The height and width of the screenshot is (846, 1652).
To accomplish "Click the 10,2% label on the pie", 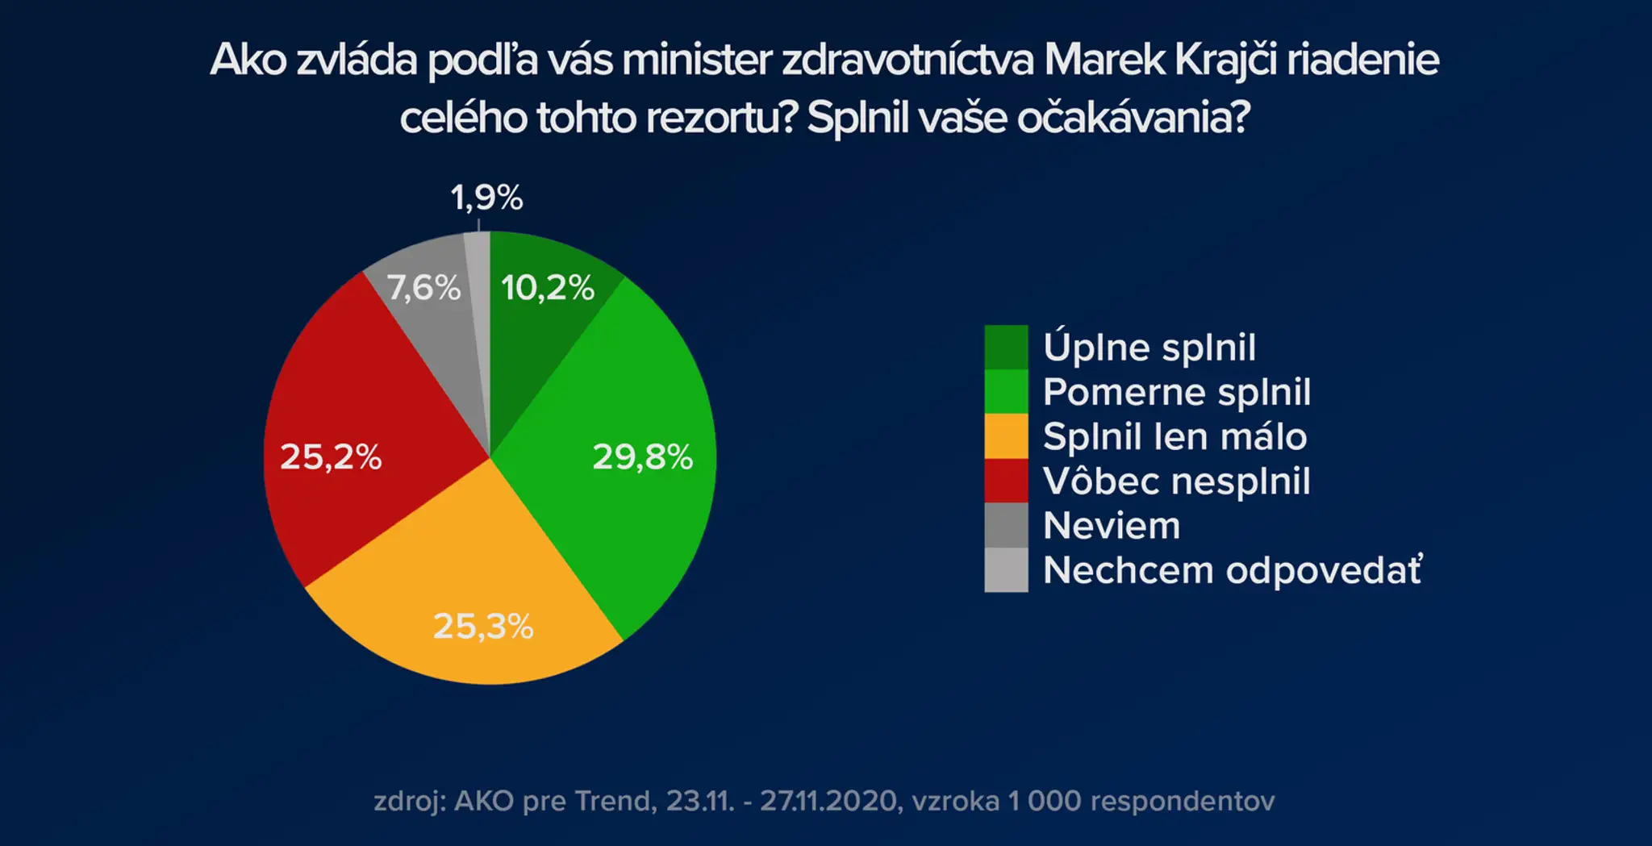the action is click(548, 288).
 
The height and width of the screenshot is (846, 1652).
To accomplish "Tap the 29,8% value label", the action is click(643, 457).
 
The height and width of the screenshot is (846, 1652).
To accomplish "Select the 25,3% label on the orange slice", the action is click(483, 626).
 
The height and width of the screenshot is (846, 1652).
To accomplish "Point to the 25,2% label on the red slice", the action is click(331, 457).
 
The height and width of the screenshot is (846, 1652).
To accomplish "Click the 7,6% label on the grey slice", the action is click(423, 288).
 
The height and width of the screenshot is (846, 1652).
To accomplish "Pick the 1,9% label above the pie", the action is click(486, 198).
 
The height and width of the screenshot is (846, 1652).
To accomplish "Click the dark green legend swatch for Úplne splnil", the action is click(1006, 347).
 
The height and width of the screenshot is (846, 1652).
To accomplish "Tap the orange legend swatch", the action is click(1006, 436).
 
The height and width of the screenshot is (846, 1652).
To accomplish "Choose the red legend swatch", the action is click(1006, 481).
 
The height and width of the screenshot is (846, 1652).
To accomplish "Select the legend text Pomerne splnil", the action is click(1177, 393).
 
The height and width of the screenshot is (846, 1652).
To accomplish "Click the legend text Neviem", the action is click(1112, 526).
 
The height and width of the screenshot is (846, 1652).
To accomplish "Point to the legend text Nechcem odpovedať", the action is click(1233, 570).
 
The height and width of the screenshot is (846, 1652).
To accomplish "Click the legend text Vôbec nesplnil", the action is click(1177, 481).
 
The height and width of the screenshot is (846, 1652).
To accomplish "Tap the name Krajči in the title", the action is click(1226, 60).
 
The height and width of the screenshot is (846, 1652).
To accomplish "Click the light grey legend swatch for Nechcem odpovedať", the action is click(1006, 570).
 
